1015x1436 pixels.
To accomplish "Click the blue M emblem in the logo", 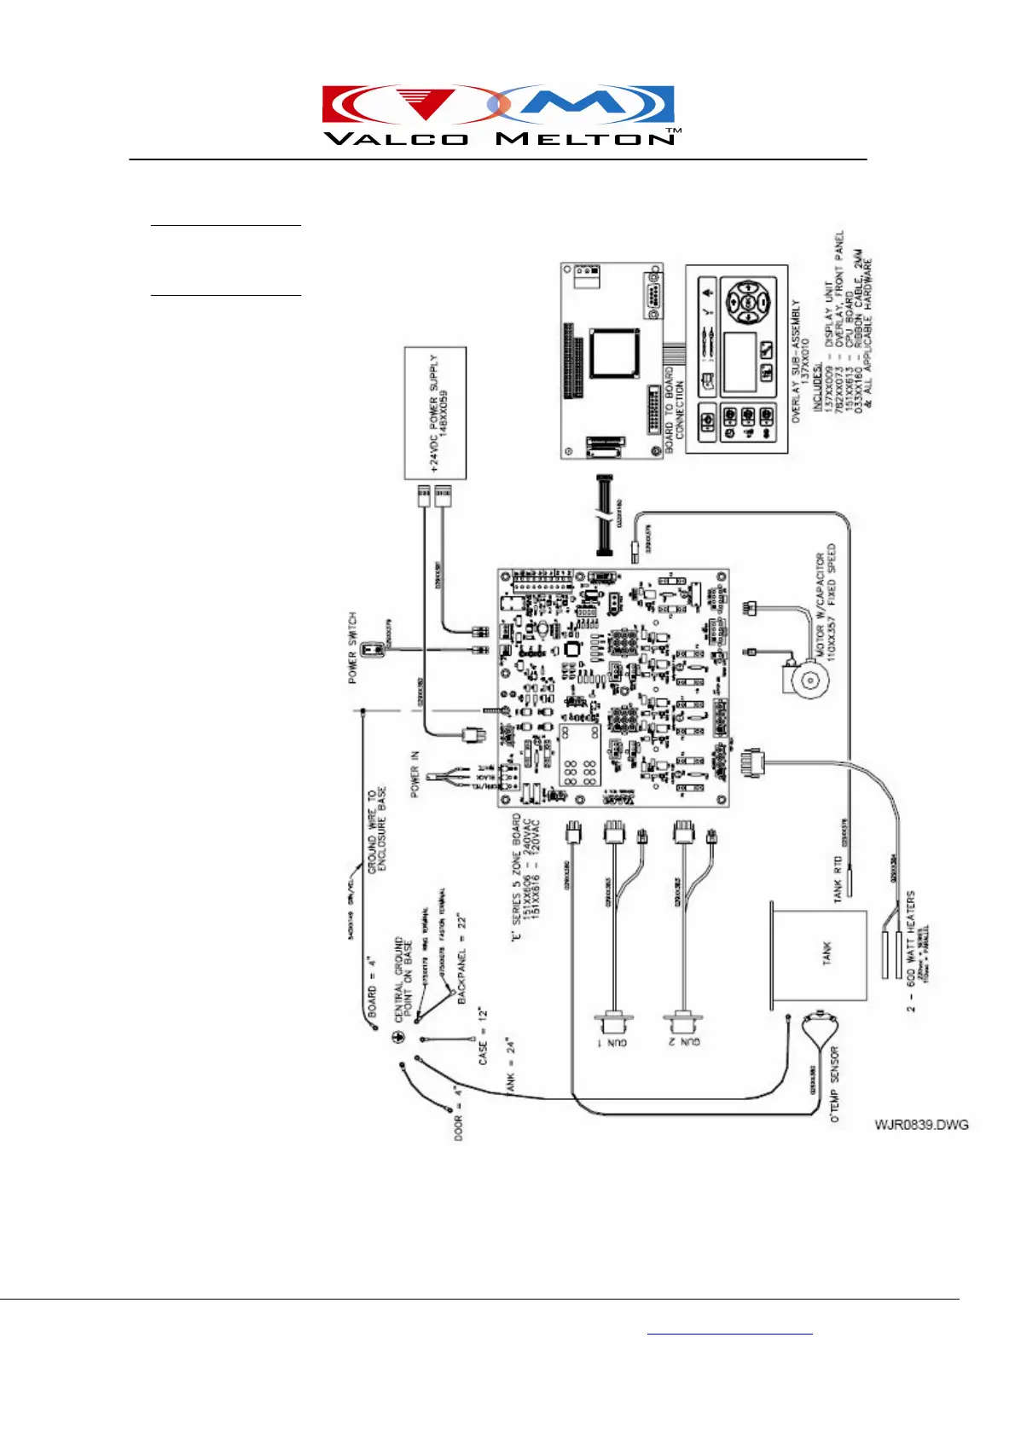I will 589,105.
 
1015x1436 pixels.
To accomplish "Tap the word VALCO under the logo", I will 396,139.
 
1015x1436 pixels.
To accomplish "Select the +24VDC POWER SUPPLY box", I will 435,413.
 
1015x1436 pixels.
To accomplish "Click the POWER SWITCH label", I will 352,647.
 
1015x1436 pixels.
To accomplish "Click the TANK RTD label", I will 838,878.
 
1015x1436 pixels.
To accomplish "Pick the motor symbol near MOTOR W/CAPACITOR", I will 804,679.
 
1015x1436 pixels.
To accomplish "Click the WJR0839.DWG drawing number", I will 921,1125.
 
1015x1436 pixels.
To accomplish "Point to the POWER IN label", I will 415,773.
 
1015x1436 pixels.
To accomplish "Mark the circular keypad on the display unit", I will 748,303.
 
